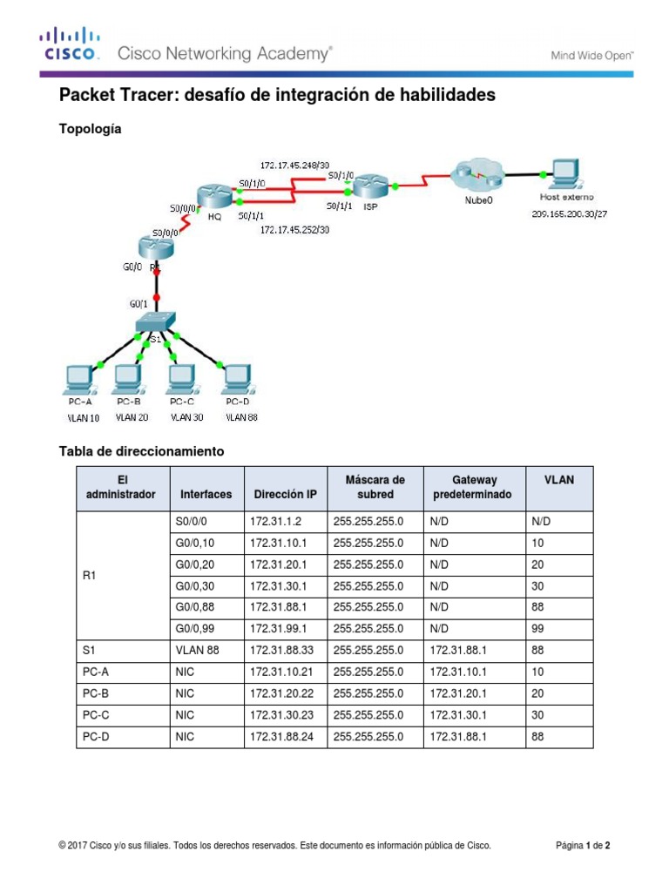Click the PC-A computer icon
click(x=80, y=378)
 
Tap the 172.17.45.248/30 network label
click(x=294, y=164)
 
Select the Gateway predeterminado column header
click(x=474, y=487)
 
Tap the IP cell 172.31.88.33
click(x=280, y=649)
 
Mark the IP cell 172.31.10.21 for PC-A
click(x=280, y=671)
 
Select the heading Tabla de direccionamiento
click(x=141, y=451)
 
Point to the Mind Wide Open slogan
click(x=590, y=55)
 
